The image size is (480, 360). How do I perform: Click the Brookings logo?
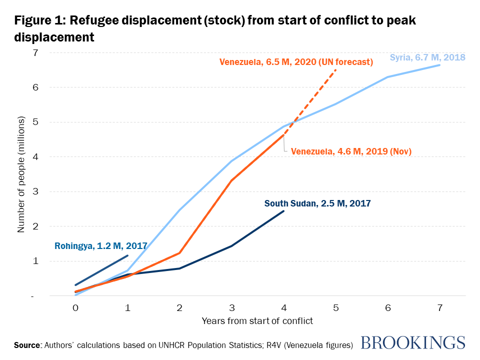point(412,342)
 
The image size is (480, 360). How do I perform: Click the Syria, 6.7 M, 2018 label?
point(427,57)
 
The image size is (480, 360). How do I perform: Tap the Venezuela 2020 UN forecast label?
point(296,62)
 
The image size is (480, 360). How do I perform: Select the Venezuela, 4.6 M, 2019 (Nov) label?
point(351,151)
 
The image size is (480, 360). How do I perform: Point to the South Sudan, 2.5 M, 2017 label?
point(317,203)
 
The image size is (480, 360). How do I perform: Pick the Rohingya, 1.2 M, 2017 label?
point(100,246)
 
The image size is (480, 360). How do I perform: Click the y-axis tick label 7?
point(35,52)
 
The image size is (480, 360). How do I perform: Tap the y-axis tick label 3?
point(35,191)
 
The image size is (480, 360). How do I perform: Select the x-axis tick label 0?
point(75,308)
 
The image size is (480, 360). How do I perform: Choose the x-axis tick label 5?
point(335,308)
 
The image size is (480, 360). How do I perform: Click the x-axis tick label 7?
point(439,308)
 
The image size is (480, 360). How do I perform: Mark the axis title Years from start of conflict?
point(257,321)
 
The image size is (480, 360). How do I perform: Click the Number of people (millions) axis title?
point(21,175)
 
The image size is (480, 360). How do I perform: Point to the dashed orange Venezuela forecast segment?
point(310,102)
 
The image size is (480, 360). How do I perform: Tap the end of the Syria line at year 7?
point(439,65)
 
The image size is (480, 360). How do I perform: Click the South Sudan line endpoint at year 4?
point(283,211)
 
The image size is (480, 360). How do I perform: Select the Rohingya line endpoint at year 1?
point(127,255)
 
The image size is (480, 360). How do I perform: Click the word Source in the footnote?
point(28,345)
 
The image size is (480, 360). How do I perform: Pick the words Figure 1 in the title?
point(38,21)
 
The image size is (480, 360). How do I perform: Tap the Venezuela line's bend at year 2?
point(179,253)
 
